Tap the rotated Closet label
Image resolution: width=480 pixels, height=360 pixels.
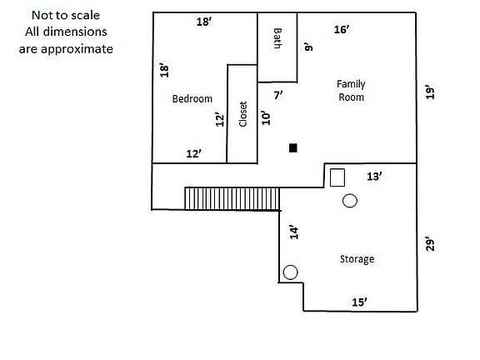point(243,114)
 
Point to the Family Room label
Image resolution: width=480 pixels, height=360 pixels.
point(351,90)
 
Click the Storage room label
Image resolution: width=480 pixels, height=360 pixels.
point(357,259)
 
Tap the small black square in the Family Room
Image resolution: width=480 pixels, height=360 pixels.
point(293,148)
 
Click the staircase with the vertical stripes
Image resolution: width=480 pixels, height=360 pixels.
point(232,198)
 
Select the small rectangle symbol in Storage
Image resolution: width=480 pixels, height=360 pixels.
point(337,177)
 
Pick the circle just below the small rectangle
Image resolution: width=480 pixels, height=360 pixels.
point(349,201)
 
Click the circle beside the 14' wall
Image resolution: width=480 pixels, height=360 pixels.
point(291,272)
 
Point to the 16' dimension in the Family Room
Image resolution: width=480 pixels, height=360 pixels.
point(341,29)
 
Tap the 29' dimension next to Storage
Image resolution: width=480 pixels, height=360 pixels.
point(429,243)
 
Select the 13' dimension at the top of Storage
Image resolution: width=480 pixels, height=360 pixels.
point(375,176)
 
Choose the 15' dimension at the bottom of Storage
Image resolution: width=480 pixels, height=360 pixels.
point(359,302)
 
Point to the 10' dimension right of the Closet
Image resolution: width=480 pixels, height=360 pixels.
point(265,117)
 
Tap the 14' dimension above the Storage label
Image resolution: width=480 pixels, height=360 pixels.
point(292,232)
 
